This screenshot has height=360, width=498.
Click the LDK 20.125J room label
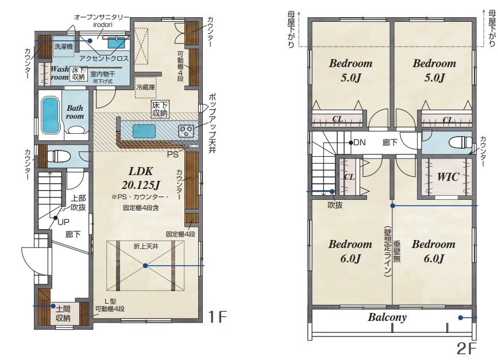pos(141,178)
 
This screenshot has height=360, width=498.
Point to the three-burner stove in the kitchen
pos(187,130)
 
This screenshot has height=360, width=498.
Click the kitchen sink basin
pos(144,130)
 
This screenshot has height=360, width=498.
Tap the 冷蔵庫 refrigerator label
pos(145,87)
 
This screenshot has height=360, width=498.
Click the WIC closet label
pos(448,177)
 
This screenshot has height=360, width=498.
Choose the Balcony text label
pos(387,317)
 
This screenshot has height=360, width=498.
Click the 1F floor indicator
pos(217,316)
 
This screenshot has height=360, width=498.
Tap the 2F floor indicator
pos(467,349)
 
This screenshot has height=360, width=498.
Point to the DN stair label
pos(359,142)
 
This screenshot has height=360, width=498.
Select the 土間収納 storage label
pos(63,313)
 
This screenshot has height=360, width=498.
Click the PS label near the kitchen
pos(173,155)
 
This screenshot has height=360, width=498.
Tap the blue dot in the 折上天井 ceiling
pos(145,266)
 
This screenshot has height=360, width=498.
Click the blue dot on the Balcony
pos(461,318)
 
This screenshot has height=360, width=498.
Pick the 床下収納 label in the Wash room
pos(78,73)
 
